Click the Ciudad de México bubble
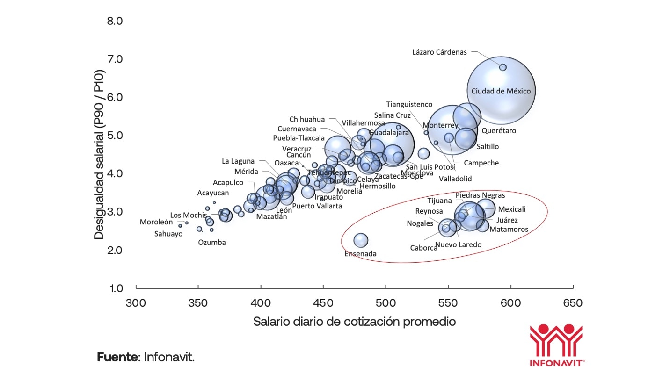(x=501, y=91)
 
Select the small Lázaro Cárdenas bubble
(x=503, y=67)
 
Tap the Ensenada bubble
(x=361, y=240)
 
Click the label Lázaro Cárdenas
(x=439, y=52)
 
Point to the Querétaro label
(x=499, y=131)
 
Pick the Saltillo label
(x=488, y=146)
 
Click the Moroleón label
(x=156, y=222)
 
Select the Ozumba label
(x=211, y=242)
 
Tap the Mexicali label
(x=512, y=209)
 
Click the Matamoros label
(x=509, y=229)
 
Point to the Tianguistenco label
(x=409, y=104)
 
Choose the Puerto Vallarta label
(x=317, y=206)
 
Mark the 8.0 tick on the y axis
(x=115, y=21)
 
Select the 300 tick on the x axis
(x=136, y=303)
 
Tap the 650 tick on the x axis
(x=573, y=303)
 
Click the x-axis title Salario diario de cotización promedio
(x=354, y=322)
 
